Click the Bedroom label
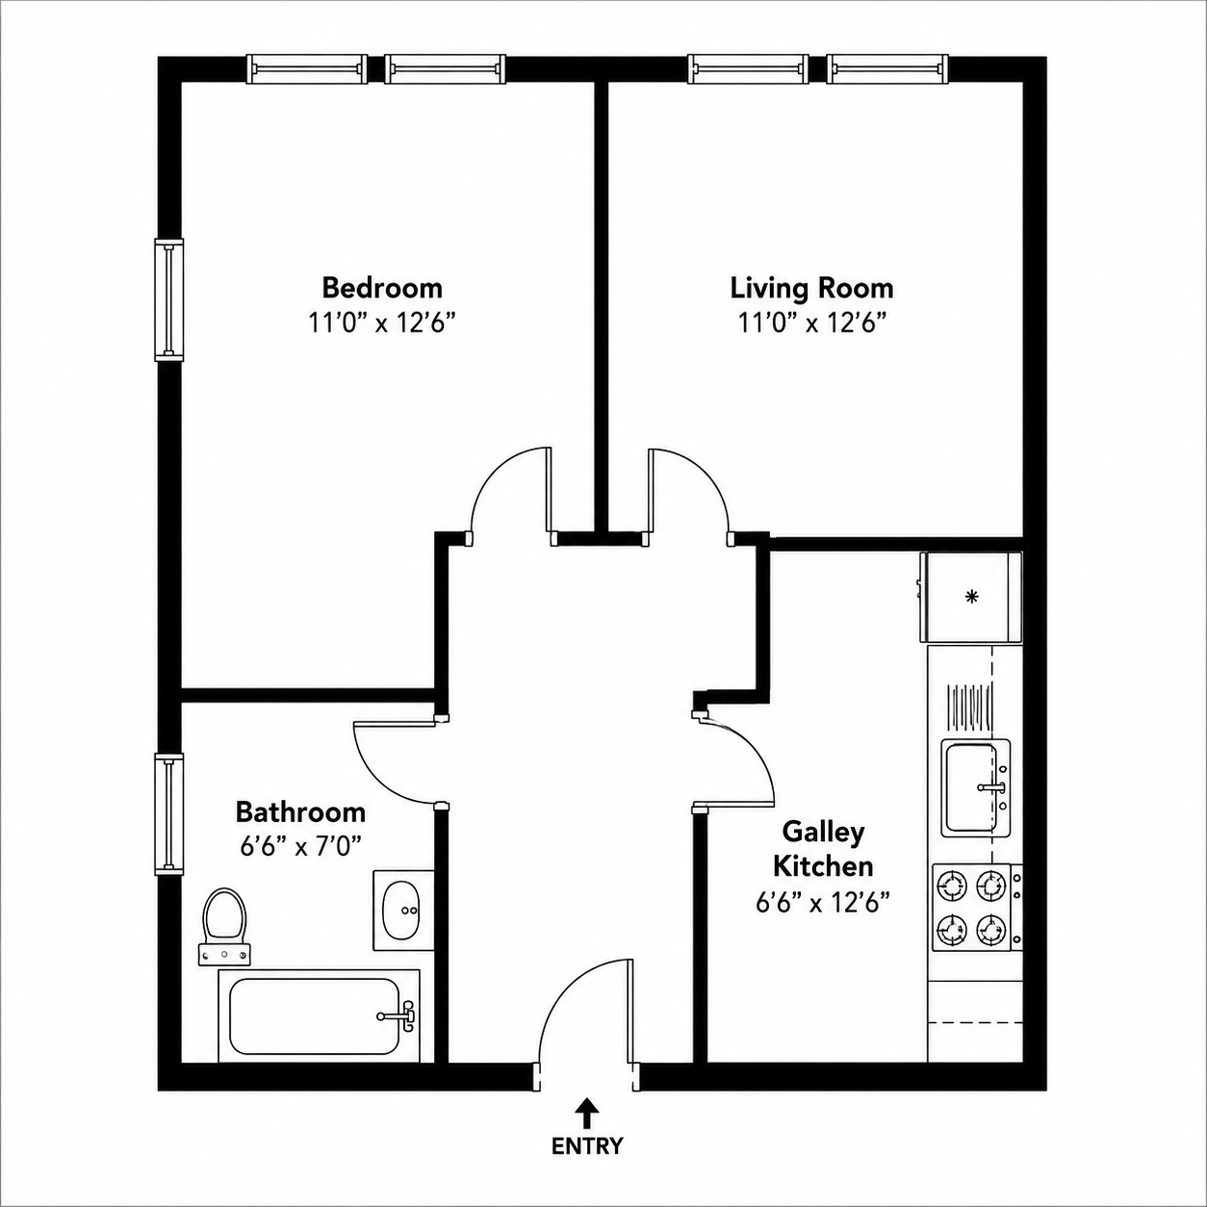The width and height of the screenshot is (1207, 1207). [x=382, y=289]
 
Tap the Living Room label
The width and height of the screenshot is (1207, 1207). [x=812, y=289]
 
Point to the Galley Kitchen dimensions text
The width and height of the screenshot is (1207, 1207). [x=823, y=903]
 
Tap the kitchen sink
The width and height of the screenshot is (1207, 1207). [x=976, y=788]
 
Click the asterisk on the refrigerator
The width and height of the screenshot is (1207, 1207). [x=971, y=597]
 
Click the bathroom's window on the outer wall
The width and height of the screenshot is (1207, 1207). [x=169, y=813]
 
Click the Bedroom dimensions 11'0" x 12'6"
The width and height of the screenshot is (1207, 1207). [x=382, y=323]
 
